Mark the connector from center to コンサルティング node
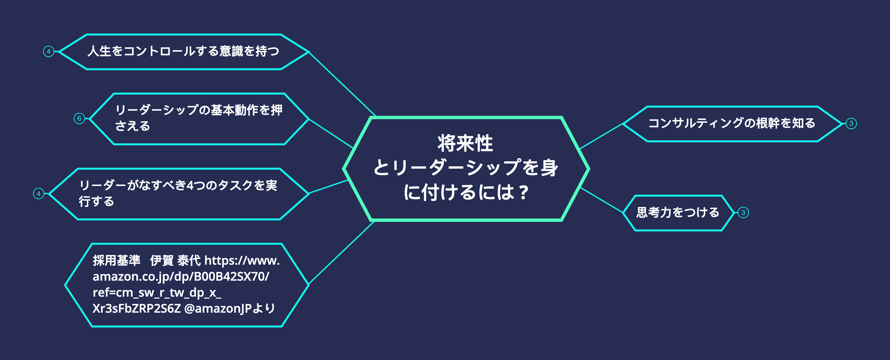pos(601,136)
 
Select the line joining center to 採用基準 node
pos(341,253)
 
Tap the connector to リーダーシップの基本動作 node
pos(331,133)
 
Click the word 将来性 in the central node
pos(465,143)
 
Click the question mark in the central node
pos(524,192)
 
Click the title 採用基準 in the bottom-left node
pos(116,260)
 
